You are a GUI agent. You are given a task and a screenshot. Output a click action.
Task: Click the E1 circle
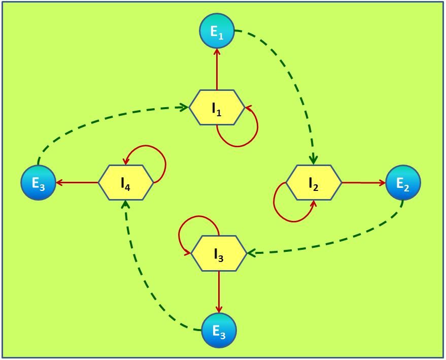point(217,30)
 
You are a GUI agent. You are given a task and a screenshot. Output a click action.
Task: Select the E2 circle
point(403,182)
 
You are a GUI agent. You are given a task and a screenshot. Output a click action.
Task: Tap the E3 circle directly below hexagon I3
point(219,330)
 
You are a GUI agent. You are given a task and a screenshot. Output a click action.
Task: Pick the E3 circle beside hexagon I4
point(38,182)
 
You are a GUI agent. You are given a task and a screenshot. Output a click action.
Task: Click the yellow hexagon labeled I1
point(217,107)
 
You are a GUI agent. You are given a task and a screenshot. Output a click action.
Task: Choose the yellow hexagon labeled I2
point(314,182)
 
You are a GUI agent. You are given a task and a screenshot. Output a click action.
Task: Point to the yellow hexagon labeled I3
point(219,253)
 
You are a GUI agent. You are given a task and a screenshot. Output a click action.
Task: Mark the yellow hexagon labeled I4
point(125,182)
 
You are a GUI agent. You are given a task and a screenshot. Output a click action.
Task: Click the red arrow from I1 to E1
point(217,69)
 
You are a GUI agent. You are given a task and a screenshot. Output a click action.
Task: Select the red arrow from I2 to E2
point(363,182)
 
